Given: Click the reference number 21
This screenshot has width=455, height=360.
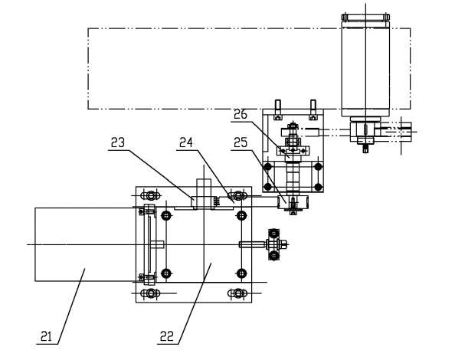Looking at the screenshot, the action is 46,336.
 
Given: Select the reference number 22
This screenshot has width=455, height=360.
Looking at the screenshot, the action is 167,336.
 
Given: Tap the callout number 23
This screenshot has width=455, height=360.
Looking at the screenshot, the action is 118,142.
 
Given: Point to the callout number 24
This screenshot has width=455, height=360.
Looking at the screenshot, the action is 186,142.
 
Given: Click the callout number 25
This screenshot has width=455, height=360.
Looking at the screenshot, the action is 241,142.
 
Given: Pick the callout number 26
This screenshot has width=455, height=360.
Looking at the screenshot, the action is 241,114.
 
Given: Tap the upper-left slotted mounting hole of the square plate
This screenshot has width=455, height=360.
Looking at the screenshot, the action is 151,195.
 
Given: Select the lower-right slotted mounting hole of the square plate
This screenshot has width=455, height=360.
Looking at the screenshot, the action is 237,293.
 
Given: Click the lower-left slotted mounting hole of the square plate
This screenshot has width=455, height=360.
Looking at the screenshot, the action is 151,293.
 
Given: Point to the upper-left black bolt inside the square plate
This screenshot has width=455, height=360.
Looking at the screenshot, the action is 166,215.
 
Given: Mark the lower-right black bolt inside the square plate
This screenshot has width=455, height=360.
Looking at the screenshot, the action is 241,273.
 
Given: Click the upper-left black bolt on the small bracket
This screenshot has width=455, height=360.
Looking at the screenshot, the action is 268,166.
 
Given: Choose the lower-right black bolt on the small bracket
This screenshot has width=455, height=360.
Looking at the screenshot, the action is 319,187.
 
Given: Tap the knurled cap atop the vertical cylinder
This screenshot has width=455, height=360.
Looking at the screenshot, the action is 365,17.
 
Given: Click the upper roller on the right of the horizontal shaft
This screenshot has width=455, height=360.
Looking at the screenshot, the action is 274,234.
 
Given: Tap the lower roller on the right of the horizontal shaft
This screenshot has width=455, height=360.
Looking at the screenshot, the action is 274,256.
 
